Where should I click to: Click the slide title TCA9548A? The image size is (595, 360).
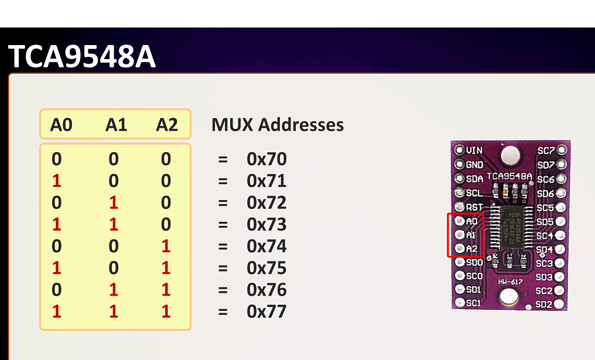point(82,57)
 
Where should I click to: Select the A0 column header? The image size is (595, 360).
point(61,125)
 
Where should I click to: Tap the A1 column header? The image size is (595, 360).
point(116,125)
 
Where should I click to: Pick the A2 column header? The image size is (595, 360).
point(166,125)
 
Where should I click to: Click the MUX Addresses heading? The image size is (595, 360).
point(278,125)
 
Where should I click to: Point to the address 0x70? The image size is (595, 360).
point(266,159)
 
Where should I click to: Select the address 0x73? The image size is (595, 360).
point(266,224)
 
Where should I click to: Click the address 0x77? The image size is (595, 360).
point(266,311)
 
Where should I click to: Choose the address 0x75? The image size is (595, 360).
point(266,268)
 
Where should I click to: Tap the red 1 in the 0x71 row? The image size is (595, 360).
point(56,181)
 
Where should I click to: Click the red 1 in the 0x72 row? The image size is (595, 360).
point(114,203)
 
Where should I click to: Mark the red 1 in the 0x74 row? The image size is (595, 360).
point(166,246)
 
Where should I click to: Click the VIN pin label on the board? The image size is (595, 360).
point(474,150)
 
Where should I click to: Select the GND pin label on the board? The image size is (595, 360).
point(474,164)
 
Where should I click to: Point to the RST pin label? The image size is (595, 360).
point(474,207)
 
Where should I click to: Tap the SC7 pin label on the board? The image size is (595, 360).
point(546,151)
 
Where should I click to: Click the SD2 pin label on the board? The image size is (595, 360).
point(544,304)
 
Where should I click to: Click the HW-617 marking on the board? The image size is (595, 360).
point(511,282)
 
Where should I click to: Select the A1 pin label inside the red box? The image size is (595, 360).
point(471,235)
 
